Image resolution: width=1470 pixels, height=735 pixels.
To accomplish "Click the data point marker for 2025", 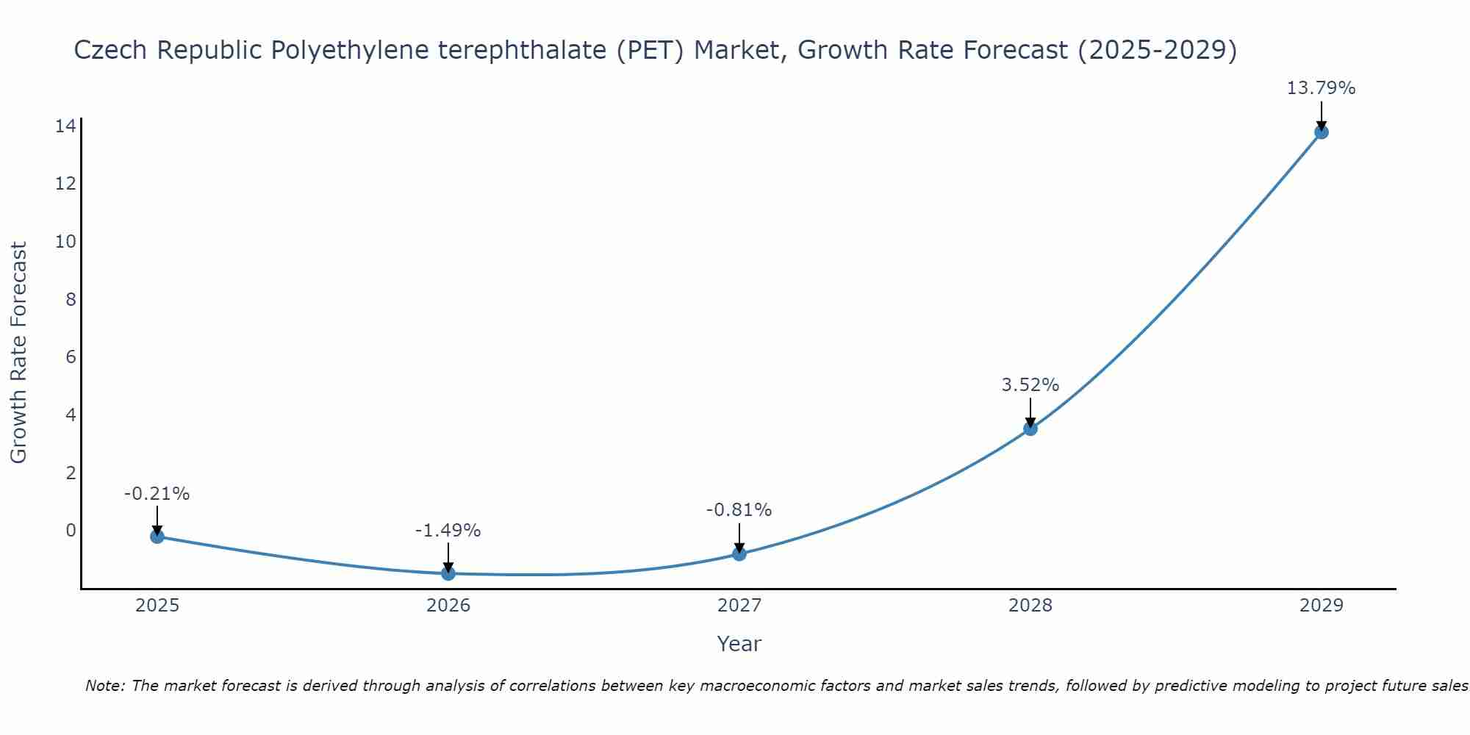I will pos(157,537).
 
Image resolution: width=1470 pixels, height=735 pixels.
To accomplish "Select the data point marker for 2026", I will pos(448,573).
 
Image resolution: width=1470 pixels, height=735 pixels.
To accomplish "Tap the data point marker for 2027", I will pos(739,553).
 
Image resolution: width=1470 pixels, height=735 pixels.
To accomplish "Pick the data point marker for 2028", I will pos(1030,429).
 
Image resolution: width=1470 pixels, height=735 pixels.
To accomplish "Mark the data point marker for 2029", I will pos(1322,132).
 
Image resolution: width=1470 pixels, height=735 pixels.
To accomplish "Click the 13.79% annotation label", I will pos(1321,88).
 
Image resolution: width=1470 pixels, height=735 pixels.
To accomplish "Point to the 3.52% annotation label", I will pos(1030,384).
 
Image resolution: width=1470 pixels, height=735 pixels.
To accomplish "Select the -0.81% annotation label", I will pos(739,509).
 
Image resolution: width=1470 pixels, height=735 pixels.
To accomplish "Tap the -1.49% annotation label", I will pos(448,530).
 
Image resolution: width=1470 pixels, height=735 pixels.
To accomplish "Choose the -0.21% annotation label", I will pos(157,493).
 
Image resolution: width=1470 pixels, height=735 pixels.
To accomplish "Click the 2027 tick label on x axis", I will pos(739,606).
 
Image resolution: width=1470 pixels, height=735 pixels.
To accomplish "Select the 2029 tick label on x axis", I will pos(1322,606).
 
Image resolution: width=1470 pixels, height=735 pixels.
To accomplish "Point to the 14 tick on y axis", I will pos(65,126).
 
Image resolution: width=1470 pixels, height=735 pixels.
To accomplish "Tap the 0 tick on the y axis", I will pos(71,530).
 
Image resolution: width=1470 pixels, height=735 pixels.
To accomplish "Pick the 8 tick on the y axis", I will pos(71,299).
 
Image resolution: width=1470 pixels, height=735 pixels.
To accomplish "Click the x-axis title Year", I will pos(739,644).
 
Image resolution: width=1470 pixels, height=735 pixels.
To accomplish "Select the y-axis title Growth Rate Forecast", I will pos(18,353).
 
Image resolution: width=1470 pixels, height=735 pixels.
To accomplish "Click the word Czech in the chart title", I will pos(111,50).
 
